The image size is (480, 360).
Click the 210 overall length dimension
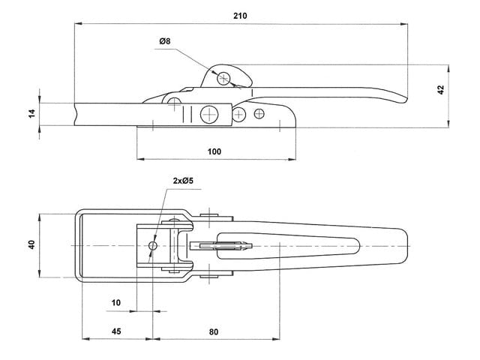241,16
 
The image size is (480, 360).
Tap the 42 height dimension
441,89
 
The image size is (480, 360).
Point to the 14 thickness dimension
31,112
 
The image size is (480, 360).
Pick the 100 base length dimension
214,151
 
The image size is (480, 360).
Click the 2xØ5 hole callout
183,181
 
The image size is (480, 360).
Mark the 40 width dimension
32,245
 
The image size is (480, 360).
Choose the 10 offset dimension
115,302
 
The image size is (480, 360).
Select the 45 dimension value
116,331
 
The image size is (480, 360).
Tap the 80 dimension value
215,331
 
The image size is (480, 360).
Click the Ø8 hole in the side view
224,77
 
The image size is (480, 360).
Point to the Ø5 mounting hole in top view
153,245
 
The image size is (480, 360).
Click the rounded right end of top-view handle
406,245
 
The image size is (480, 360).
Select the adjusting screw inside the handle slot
225,245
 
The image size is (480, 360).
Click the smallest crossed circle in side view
259,113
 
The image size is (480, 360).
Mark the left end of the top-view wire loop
77,245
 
